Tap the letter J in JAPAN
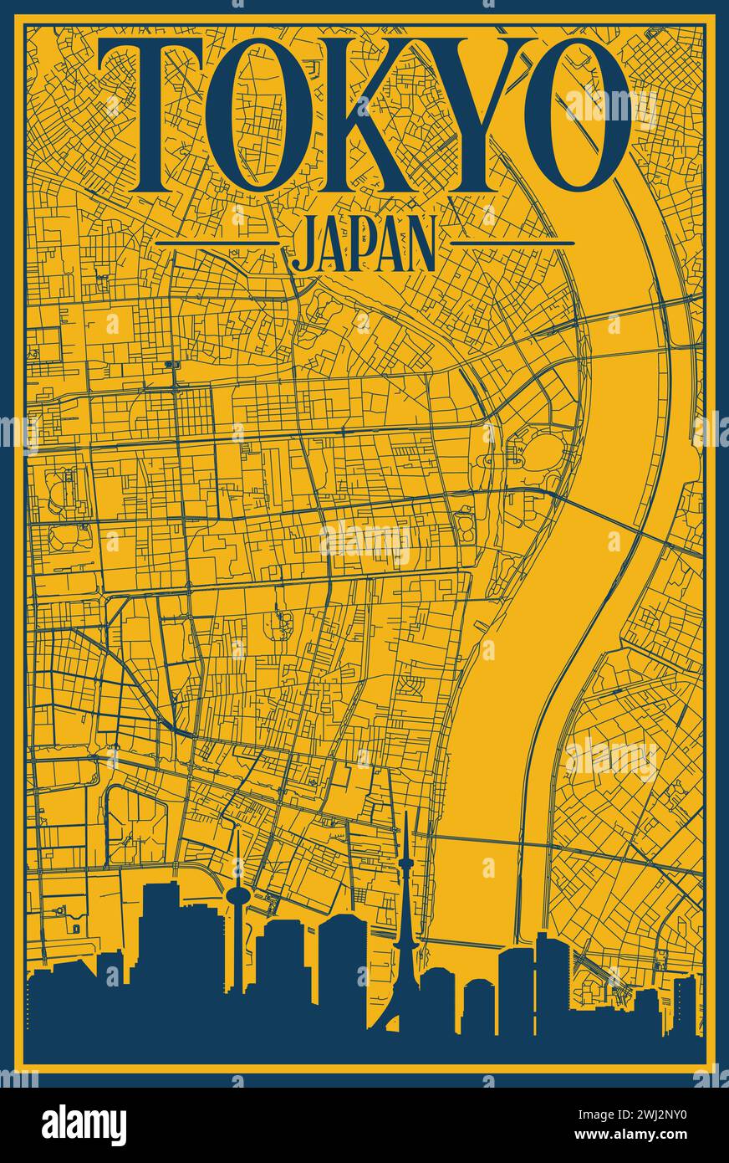pos(302,244)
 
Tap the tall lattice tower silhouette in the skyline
pos(405,920)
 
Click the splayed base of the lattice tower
pos(404,1017)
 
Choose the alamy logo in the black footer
pos(84,1125)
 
